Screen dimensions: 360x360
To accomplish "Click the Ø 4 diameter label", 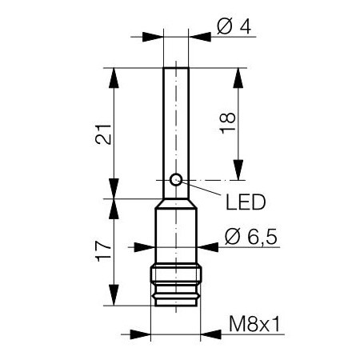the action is pos(234,26).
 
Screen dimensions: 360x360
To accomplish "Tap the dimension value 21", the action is pos(103,134).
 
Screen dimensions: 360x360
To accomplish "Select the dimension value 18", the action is pos(227,123).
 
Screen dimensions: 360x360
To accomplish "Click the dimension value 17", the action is pos(103,251).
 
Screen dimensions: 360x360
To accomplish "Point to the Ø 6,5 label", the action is pos(251,237).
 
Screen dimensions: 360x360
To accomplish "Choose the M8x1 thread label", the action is pos(254,324).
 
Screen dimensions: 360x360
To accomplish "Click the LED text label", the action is pos(246,202).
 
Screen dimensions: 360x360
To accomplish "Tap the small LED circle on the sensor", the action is pos(176,180).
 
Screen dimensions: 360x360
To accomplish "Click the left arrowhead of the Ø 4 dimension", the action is pos(153,37).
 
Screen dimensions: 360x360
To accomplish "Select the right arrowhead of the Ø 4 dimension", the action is pos(200,37).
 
